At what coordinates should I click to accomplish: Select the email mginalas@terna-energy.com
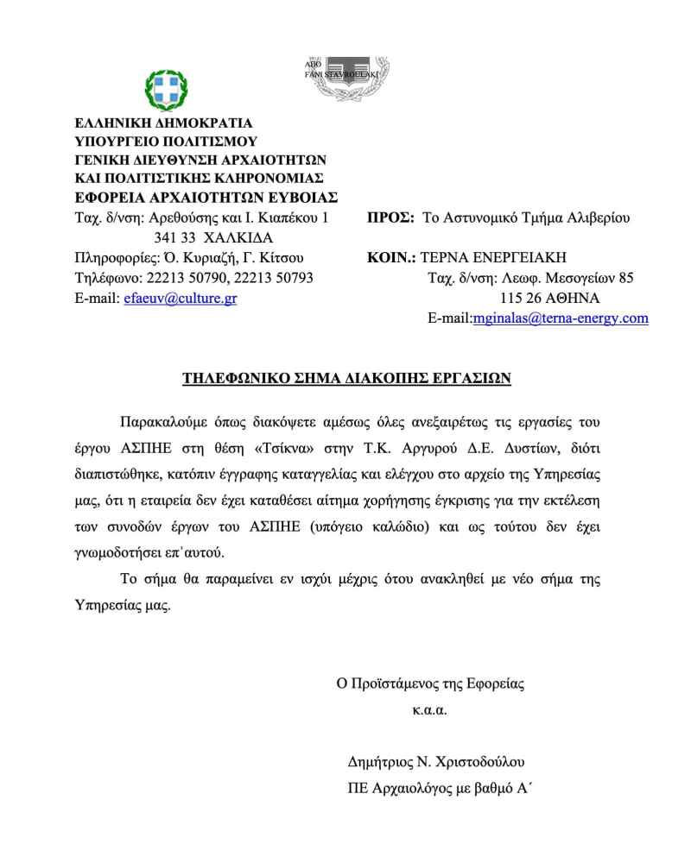click(560, 318)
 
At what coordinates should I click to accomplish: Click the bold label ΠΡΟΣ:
click(390, 217)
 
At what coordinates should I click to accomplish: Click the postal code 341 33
click(173, 237)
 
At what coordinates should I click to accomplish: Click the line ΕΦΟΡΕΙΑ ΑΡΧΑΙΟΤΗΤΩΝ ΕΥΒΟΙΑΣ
click(206, 198)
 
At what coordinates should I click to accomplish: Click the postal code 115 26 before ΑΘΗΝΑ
click(519, 298)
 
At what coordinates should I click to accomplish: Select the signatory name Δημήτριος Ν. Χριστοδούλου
click(436, 762)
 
